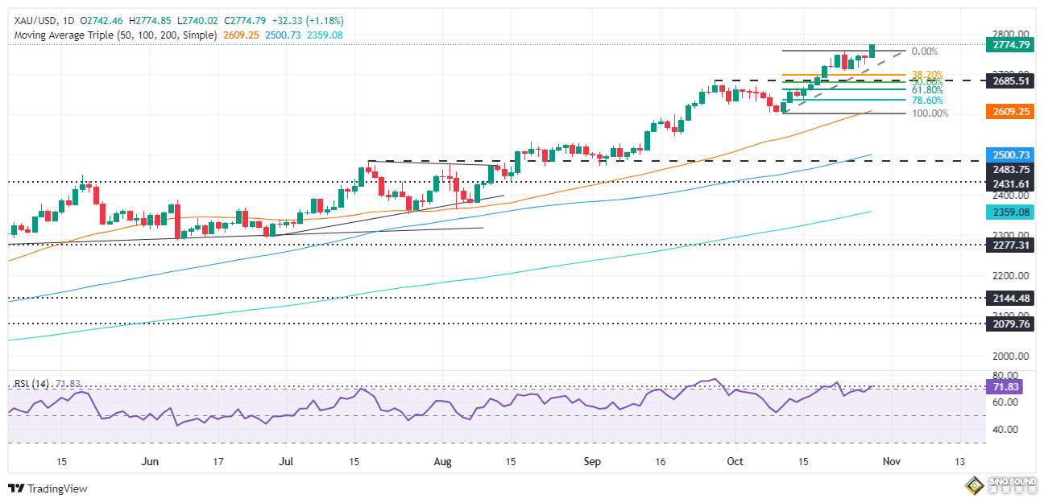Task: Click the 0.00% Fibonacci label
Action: pos(924,51)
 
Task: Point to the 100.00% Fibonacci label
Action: pos(929,113)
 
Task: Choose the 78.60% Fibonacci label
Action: pos(926,100)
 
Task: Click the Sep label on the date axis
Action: pos(592,461)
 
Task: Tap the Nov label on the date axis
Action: pos(890,461)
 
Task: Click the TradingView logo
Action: pos(48,489)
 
